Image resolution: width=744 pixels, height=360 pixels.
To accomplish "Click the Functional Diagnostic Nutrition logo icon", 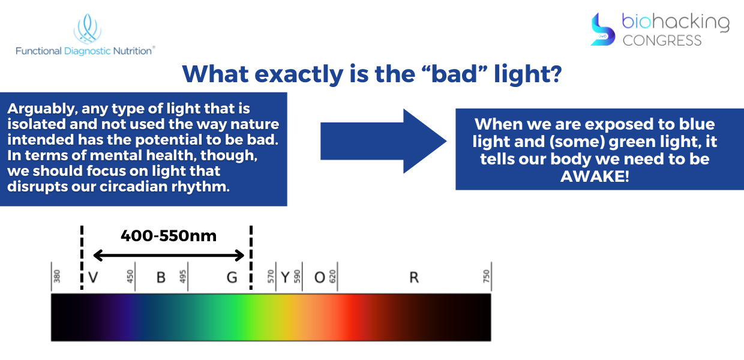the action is point(88,29).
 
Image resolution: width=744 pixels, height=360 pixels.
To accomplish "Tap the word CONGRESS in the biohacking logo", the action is point(662,41).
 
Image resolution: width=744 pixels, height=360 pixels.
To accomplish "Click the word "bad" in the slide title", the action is point(454,73).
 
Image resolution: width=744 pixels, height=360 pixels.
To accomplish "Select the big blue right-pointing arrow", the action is point(383,141).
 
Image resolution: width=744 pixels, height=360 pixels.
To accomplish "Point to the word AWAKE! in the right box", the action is point(595,176).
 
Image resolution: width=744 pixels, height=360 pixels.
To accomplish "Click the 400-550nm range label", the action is point(169,236).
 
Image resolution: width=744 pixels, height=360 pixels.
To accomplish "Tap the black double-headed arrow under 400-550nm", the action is point(169,256).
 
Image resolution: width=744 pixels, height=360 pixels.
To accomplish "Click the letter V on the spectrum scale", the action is point(94,277).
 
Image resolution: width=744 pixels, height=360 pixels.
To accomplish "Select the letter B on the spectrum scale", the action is point(161,277).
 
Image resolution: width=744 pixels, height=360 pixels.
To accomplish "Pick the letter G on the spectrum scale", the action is point(232,277).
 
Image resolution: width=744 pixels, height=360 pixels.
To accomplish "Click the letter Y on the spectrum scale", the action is point(286,277).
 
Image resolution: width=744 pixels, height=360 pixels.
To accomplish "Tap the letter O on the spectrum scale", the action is point(320,277).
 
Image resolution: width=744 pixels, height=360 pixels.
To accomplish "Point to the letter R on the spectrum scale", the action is point(414,277).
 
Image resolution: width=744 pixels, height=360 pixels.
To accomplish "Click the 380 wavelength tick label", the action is point(57,277).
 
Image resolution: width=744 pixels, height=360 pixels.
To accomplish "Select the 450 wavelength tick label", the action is point(130,277).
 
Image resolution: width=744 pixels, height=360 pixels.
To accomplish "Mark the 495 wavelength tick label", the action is point(182,277).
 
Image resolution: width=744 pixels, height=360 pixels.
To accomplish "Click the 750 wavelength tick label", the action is point(486,277).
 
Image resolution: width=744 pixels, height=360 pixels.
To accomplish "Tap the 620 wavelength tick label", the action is point(332,277).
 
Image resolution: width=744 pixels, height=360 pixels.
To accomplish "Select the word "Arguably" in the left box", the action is point(42,109).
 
